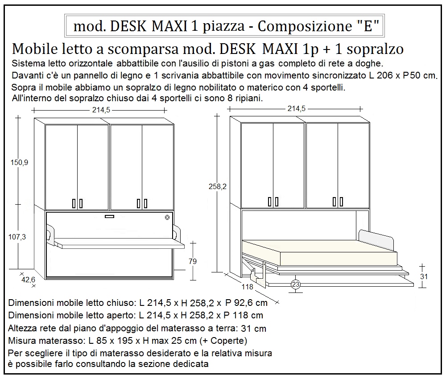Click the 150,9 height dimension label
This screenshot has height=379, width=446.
tap(20, 163)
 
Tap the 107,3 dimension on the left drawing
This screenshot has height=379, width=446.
tap(18, 237)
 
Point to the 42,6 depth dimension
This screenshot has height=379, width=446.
tap(28, 280)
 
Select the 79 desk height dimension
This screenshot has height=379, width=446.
tap(193, 262)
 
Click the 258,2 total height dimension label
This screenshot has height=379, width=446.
tap(218, 187)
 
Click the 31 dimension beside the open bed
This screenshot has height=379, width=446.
tap(424, 276)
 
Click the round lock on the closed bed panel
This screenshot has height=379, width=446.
tap(167, 218)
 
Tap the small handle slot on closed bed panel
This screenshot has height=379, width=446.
tap(109, 217)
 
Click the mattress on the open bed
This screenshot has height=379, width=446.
tap(319, 254)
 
